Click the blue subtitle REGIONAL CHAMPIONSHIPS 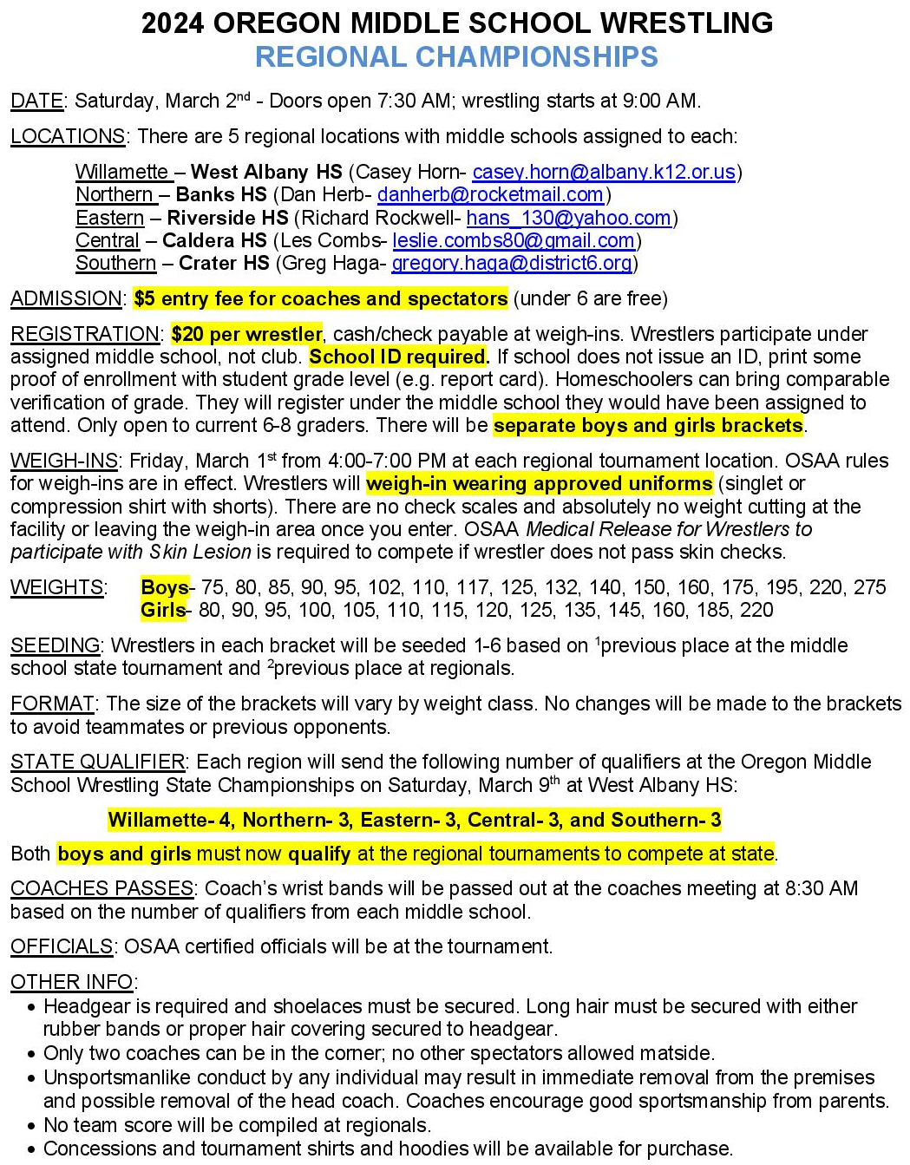tap(456, 57)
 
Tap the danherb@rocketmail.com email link tap(490, 195)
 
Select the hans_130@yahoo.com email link tap(568, 218)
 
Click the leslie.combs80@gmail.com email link tap(514, 240)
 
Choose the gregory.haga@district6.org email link tap(512, 263)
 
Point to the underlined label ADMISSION tap(66, 299)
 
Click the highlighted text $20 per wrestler tap(246, 334)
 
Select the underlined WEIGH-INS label tap(63, 461)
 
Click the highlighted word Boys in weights tap(164, 587)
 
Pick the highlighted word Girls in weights tap(163, 610)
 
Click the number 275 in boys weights tap(869, 587)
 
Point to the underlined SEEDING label tap(55, 645)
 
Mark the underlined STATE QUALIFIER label tap(97, 762)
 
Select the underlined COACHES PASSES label tap(101, 888)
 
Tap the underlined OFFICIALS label tap(62, 946)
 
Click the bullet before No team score tap(32, 1126)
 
